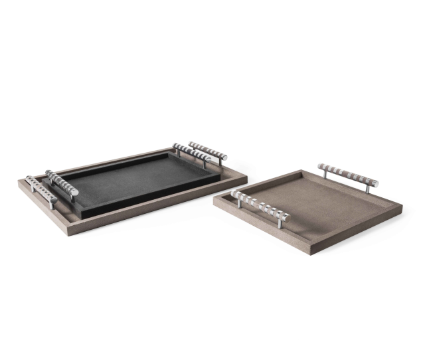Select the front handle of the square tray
coord(261,205)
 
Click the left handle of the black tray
coord(61,183)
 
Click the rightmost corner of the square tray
coord(402,212)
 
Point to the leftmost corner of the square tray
coord(214,200)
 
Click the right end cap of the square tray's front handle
coord(288,216)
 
